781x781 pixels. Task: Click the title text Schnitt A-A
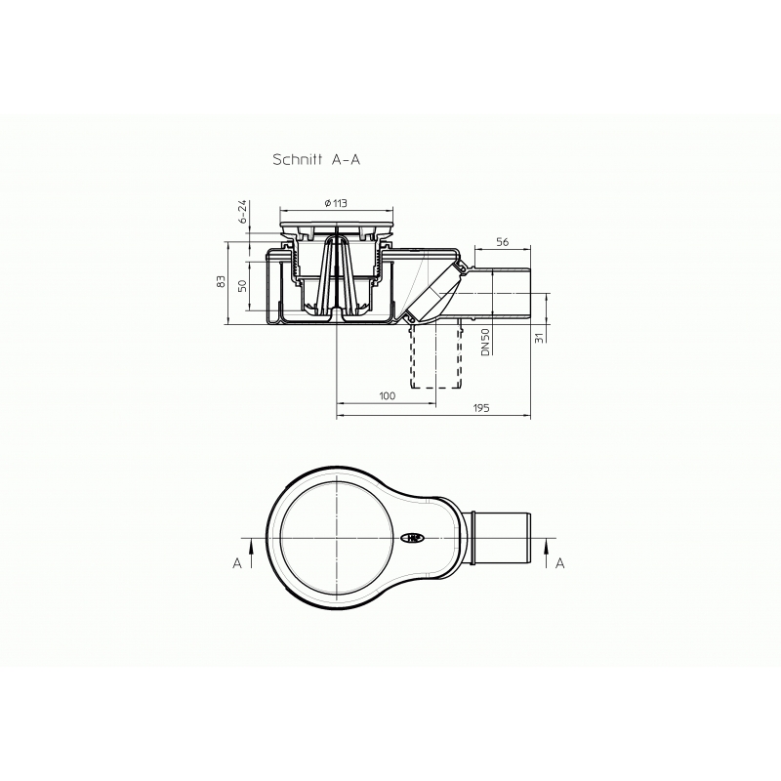click(316, 159)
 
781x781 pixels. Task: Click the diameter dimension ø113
click(335, 203)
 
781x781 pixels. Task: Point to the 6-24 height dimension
click(242, 212)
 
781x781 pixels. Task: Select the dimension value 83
click(222, 281)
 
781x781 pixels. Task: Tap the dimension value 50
click(242, 286)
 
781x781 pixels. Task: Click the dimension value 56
click(503, 241)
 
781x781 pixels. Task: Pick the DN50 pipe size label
click(485, 342)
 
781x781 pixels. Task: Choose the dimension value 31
click(539, 338)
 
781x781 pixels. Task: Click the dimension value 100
click(387, 395)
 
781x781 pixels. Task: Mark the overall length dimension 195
click(480, 408)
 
